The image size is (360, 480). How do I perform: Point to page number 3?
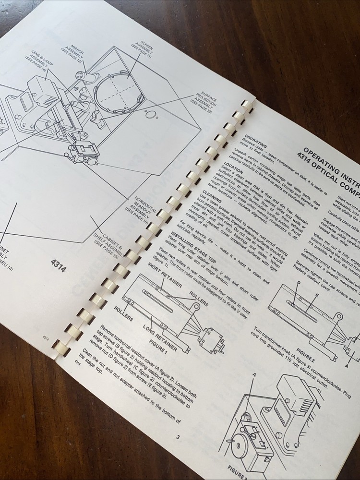[177, 437]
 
